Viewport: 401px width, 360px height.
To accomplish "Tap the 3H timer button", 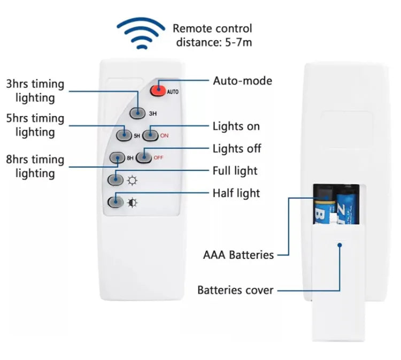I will (x=138, y=113).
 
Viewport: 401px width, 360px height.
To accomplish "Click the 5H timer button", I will (x=124, y=135).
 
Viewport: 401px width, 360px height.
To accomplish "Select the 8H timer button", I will (x=117, y=158).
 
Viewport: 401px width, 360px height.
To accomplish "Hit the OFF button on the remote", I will (x=143, y=157).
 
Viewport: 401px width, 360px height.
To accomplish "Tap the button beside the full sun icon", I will (x=115, y=180).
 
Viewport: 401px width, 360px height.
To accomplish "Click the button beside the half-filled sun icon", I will (x=115, y=202).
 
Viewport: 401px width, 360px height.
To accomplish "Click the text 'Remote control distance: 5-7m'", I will (x=212, y=35).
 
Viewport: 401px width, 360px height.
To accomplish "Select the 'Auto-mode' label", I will (x=242, y=81).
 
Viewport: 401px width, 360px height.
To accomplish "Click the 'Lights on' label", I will (x=236, y=126).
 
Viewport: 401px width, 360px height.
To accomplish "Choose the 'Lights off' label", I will (x=237, y=148).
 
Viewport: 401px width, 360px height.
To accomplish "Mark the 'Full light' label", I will (x=235, y=171).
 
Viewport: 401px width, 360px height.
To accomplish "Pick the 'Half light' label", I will (x=236, y=193).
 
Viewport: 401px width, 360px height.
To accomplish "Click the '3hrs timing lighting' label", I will (x=35, y=90).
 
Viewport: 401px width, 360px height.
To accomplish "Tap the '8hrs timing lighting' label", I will (x=35, y=166).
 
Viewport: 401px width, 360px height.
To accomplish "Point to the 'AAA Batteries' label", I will (x=238, y=255).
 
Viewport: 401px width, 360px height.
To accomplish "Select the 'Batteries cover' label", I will (x=235, y=290).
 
